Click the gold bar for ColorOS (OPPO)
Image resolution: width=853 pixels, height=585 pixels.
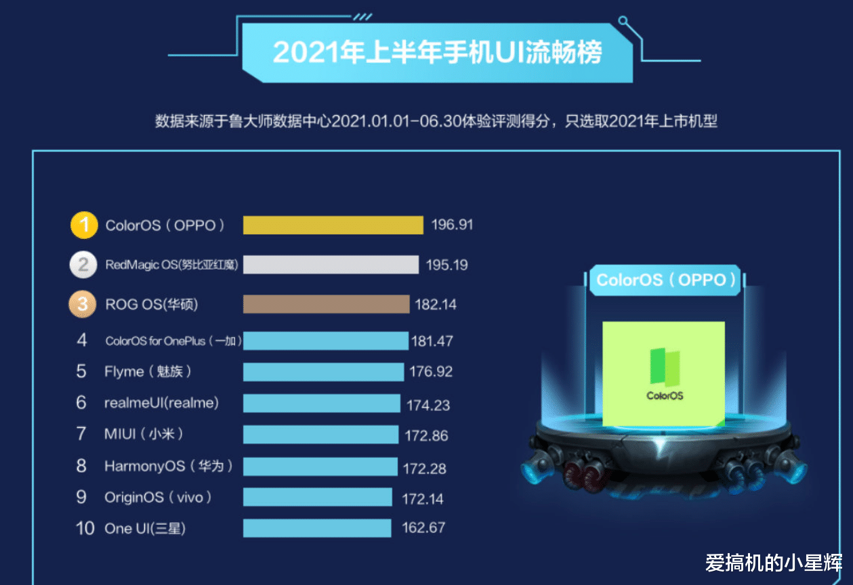pyautogui.click(x=333, y=225)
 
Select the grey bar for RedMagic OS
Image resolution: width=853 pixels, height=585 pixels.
pyautogui.click(x=331, y=264)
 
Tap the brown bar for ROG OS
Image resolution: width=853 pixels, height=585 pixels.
pyautogui.click(x=326, y=304)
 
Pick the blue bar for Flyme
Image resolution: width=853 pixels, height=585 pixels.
pyautogui.click(x=323, y=372)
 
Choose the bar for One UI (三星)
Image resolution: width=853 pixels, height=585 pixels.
pyautogui.click(x=317, y=528)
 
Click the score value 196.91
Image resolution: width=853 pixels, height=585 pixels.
pyautogui.click(x=452, y=225)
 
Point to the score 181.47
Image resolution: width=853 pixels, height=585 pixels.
pyautogui.click(x=432, y=341)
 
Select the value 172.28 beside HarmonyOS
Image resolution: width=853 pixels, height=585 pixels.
pyautogui.click(x=425, y=468)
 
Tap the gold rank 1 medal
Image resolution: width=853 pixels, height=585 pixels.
pyautogui.click(x=84, y=225)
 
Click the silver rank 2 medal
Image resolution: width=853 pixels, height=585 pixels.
pyautogui.click(x=83, y=264)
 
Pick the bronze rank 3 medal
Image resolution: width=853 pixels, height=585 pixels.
pyautogui.click(x=82, y=304)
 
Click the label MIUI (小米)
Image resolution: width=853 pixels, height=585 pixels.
pyautogui.click(x=144, y=434)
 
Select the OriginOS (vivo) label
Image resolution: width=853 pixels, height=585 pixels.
pyautogui.click(x=158, y=498)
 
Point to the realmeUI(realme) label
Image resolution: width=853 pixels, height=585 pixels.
pyautogui.click(x=161, y=403)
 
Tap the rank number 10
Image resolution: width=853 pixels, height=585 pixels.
pyautogui.click(x=85, y=528)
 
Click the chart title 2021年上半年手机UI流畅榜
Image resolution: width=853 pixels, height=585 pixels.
pyautogui.click(x=437, y=53)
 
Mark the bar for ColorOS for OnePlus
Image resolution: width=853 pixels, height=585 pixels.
pyautogui.click(x=325, y=341)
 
